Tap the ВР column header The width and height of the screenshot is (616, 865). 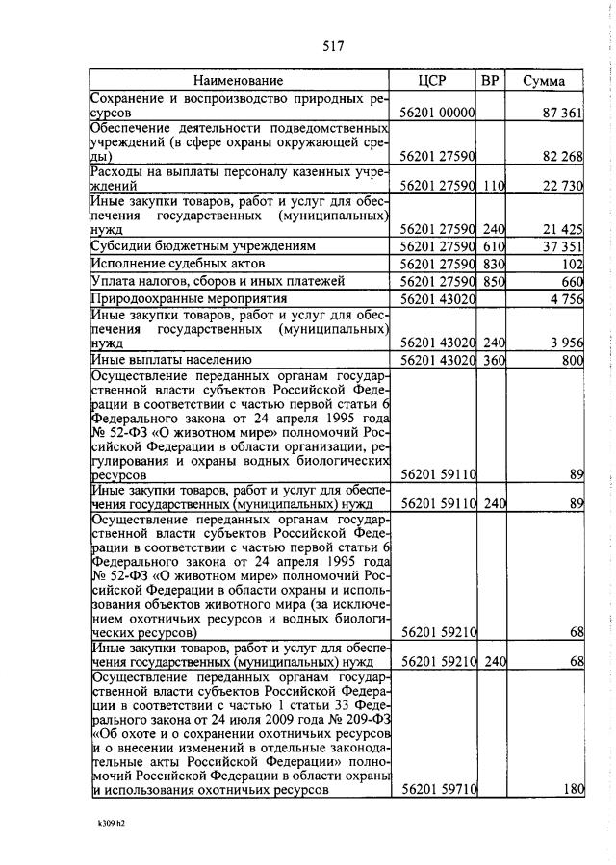pos(490,81)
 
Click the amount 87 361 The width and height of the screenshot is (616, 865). pos(563,114)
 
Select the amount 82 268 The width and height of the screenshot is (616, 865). pos(563,155)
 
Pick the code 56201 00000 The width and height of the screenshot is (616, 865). pos(437,114)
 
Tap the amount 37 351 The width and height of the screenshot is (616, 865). pos(563,246)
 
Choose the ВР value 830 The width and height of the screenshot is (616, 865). pos(493,264)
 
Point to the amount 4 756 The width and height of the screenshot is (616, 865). pos(567,298)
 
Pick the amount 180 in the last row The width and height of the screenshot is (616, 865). pos(574,789)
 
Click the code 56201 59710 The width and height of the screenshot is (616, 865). pos(437,789)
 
